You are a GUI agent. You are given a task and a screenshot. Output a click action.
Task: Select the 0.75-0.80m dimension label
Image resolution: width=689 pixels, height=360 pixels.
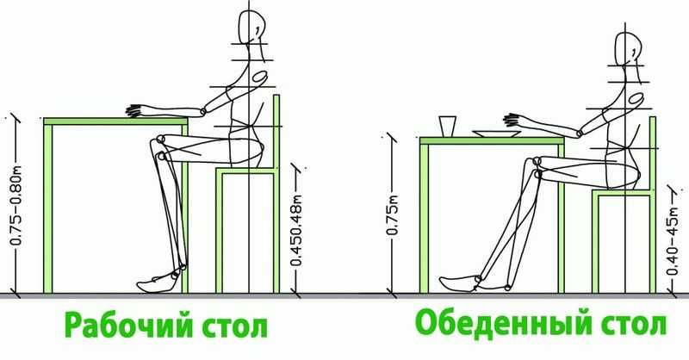point(16,205)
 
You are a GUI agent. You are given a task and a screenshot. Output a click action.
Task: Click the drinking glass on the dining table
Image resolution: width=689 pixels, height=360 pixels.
point(447,127)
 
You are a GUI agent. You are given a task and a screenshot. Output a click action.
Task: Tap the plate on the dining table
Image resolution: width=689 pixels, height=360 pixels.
point(496,133)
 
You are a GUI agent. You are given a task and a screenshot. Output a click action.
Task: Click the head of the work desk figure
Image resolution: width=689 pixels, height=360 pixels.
point(251,27)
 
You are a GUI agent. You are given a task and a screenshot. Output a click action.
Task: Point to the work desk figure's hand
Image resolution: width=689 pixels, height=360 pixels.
point(136,111)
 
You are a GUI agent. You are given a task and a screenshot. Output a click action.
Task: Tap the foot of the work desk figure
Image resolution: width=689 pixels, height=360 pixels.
point(158,282)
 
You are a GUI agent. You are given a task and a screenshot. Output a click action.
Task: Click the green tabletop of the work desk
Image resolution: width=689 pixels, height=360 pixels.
point(115,121)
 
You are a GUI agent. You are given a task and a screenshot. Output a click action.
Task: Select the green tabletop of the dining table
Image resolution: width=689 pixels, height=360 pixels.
point(492,141)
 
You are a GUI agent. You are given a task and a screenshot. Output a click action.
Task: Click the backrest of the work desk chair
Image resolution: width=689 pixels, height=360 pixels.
point(276,132)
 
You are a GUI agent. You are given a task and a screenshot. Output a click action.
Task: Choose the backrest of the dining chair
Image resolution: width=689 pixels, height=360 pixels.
point(653,154)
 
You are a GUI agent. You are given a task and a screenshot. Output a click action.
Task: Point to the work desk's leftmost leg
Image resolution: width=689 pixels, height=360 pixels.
point(48,209)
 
